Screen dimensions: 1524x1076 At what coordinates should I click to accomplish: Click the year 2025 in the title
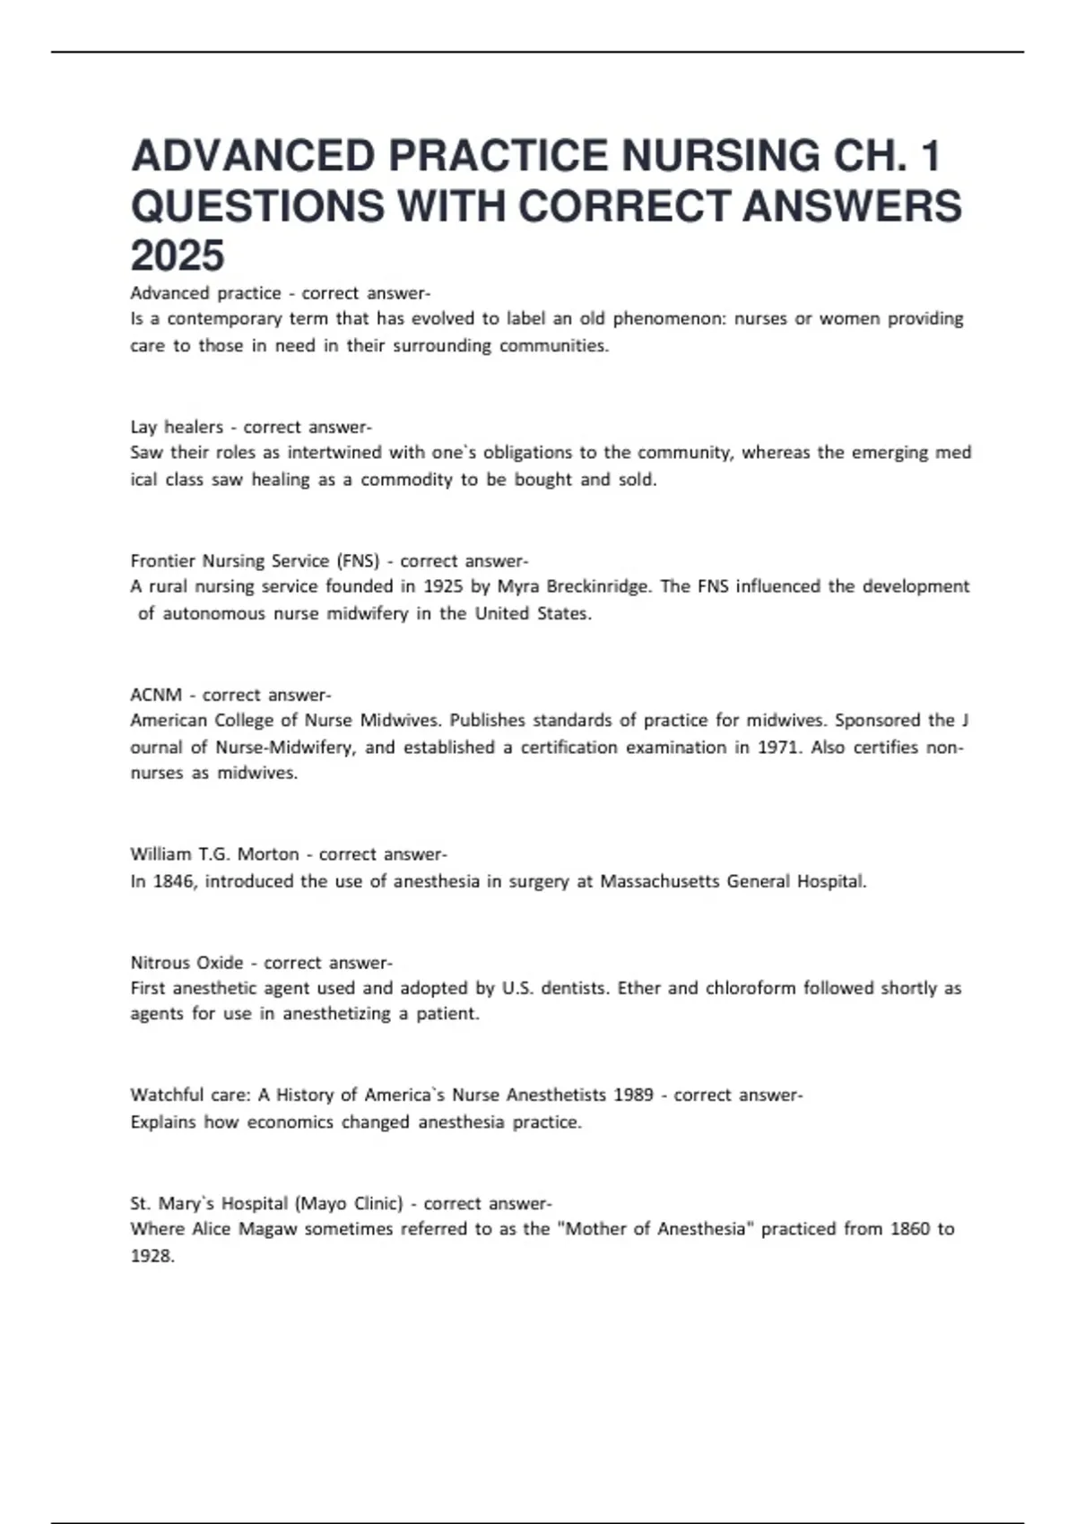(x=178, y=256)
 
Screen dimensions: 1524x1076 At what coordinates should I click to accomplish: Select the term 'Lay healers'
(x=177, y=427)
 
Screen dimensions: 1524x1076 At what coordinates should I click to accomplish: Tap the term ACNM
(x=156, y=695)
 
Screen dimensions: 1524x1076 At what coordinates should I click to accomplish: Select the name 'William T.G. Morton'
(x=214, y=854)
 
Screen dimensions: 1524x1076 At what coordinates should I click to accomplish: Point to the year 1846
(x=174, y=881)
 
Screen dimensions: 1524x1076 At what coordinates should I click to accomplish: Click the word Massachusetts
(x=659, y=881)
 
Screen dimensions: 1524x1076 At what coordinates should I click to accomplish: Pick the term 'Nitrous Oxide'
(x=187, y=963)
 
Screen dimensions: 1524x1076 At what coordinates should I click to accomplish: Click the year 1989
(x=633, y=1095)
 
